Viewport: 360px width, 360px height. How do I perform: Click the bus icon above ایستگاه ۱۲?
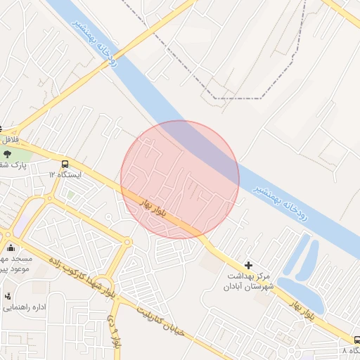65,162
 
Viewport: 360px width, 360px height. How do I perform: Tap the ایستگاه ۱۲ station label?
65,174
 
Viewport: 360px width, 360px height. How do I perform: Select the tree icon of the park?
8,153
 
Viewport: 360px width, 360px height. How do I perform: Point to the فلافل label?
8,140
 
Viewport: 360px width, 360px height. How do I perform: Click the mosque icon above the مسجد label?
11,247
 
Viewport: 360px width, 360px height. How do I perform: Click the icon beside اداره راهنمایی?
7,296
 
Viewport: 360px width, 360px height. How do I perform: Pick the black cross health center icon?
247,265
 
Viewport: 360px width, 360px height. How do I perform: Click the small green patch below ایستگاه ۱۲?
71,195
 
